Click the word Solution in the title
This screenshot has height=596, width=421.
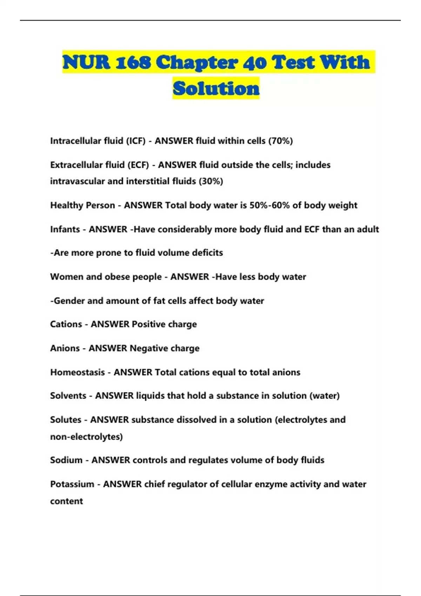[x=216, y=88]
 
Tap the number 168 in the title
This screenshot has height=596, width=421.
[x=134, y=62]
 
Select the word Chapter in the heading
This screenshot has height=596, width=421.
[x=197, y=62]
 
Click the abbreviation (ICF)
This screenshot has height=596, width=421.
[x=136, y=141]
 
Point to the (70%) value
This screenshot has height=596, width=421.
[x=281, y=141]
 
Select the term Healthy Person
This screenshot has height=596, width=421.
[x=82, y=205]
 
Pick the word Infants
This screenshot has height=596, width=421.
[x=65, y=229]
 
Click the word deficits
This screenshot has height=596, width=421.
[x=207, y=253]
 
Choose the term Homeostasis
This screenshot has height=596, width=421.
[x=78, y=372]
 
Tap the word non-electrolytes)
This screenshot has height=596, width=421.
[x=86, y=437]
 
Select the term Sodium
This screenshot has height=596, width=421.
[x=66, y=460]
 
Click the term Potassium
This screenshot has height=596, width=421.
[x=72, y=484]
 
